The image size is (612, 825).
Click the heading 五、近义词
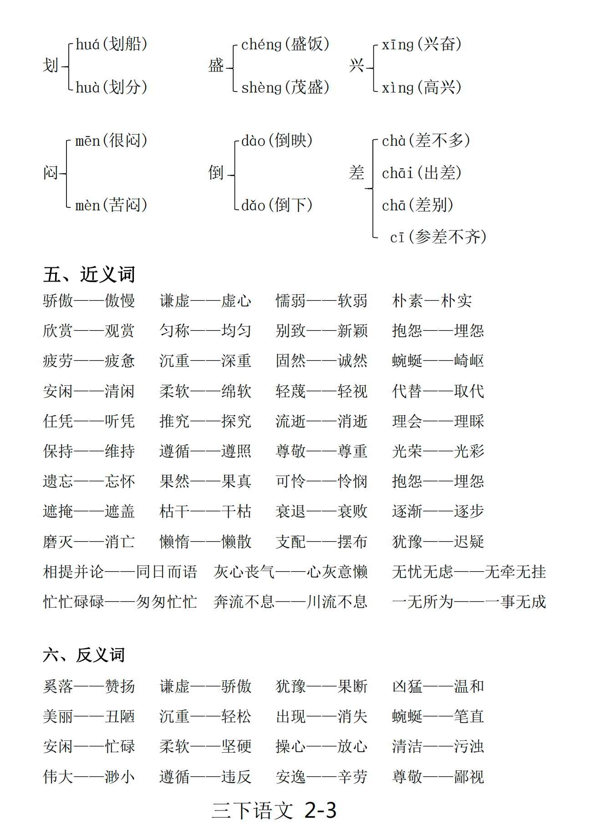89,274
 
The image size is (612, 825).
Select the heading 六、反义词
84,655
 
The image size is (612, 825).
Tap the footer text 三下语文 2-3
274,810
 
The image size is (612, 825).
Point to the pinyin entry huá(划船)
112,44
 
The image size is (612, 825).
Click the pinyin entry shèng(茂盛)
285,87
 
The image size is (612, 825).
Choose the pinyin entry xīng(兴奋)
422,44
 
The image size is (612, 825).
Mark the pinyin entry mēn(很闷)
112,141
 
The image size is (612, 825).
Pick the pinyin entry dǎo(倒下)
277,205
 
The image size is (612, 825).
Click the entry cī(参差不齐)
438,237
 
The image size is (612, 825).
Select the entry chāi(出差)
422,173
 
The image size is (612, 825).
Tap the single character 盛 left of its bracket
216,65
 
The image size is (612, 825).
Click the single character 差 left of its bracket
357,173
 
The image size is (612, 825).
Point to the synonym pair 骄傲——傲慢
89,301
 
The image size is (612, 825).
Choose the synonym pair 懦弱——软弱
321,301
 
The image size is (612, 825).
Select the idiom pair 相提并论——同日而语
120,572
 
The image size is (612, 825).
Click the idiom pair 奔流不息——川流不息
291,602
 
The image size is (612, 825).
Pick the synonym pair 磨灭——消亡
89,542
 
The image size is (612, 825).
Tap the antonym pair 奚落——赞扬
89,686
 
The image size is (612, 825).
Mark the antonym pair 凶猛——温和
438,686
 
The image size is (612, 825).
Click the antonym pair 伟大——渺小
89,776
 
